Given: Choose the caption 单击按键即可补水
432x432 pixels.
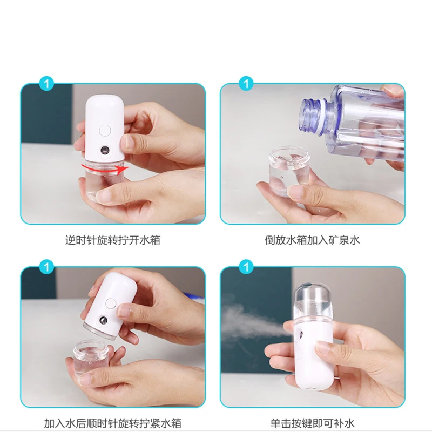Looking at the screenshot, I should (312, 423).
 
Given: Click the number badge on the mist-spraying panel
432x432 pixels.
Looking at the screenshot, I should (247, 267).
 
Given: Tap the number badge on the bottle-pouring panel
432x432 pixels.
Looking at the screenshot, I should (247, 84).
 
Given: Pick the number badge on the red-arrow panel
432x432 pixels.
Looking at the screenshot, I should (47, 84).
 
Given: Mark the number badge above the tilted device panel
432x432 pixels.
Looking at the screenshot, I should (47, 267).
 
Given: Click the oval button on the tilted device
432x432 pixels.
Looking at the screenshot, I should (111, 304).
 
